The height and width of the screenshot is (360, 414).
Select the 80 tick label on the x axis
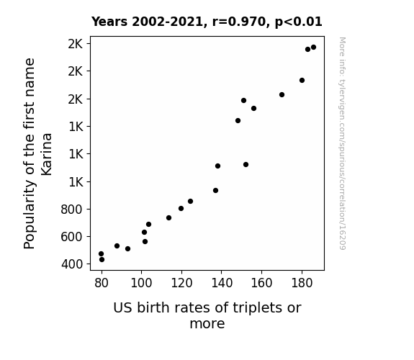102,283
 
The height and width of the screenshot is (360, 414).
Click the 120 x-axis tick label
181,283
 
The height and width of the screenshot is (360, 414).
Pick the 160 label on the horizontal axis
261,283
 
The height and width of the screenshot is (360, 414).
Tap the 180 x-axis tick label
302,283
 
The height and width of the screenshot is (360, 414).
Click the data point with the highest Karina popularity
313,48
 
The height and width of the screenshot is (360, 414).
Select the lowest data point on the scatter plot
102,260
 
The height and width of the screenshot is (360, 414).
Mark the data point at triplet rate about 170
282,94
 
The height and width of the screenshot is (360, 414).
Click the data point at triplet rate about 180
302,81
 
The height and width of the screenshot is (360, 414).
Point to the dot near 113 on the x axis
168,218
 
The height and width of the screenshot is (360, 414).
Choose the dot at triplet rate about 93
127,249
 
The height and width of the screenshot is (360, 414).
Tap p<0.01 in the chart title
299,22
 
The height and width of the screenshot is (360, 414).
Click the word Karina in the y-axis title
47,154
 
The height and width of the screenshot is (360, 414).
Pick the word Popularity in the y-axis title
29,215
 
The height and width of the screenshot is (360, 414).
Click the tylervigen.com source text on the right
342,143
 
